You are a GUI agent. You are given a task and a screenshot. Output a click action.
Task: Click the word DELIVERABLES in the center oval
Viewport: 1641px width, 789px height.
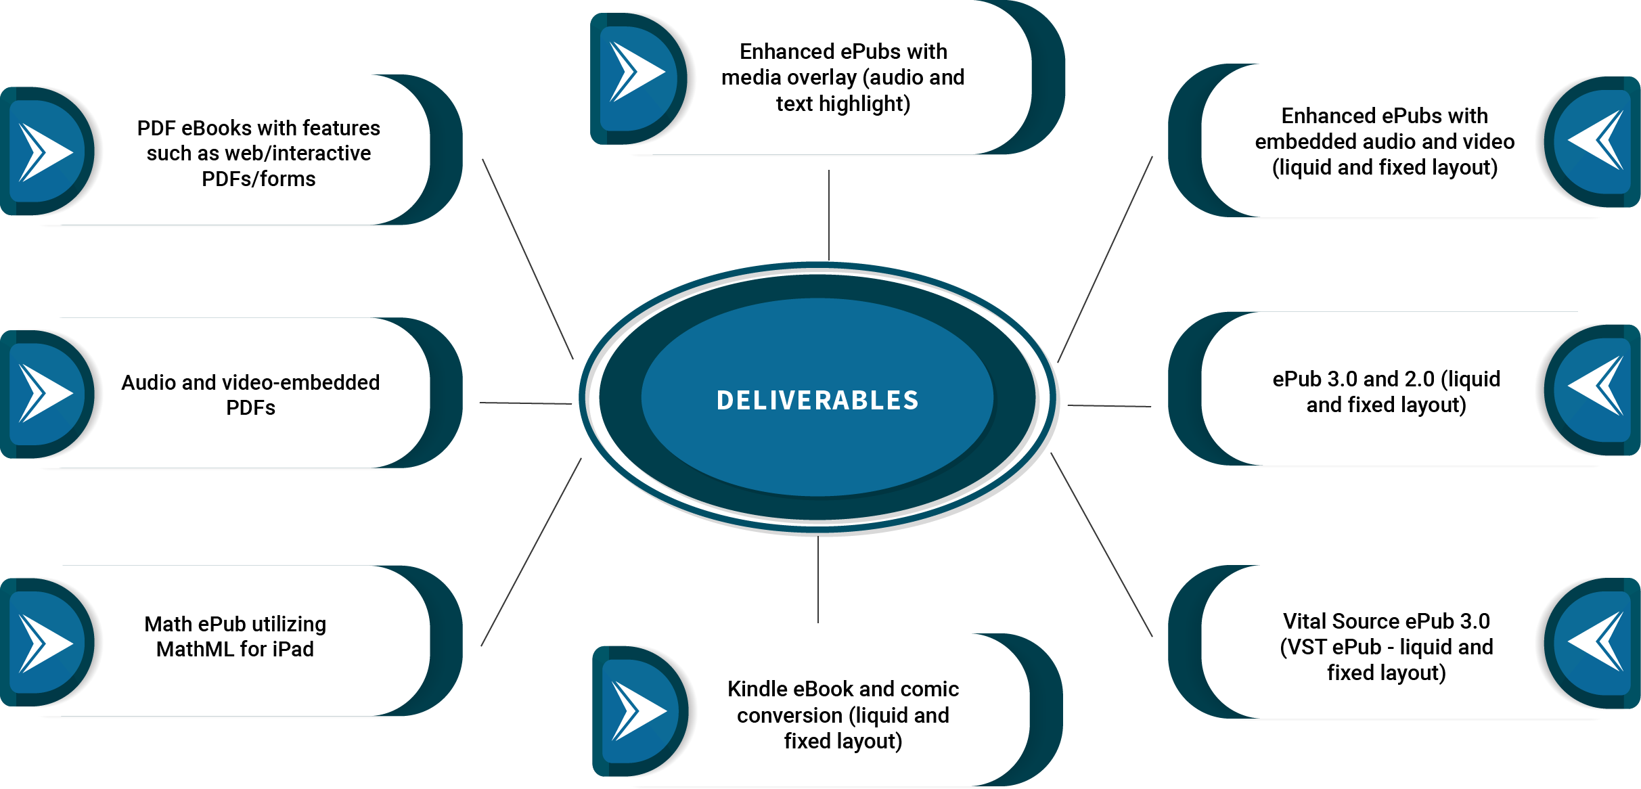point(817,400)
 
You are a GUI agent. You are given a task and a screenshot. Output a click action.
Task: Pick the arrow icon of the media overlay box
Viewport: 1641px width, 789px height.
point(636,72)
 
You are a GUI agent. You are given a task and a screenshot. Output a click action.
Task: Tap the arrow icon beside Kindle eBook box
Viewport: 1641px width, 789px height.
point(638,711)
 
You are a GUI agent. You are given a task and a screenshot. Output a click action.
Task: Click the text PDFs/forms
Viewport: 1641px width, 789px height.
point(258,179)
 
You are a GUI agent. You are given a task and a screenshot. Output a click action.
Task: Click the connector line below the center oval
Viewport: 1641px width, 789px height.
point(818,579)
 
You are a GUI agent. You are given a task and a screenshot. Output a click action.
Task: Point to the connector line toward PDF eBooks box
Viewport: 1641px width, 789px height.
point(528,258)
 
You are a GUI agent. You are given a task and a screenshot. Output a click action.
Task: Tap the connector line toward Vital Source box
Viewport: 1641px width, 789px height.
point(1102,545)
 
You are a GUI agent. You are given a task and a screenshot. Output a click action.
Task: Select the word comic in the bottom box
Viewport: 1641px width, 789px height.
point(929,689)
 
